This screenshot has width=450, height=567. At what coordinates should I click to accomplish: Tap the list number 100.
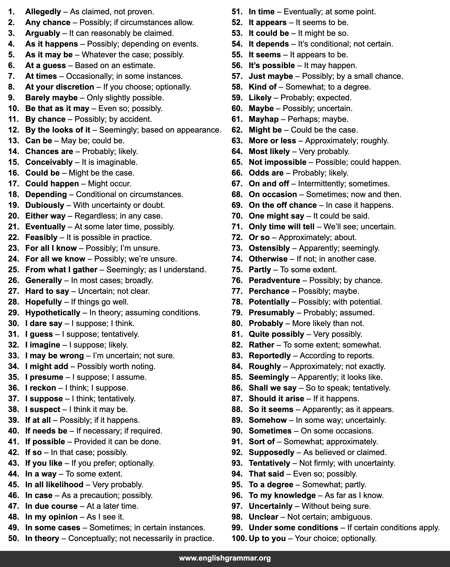click(239, 538)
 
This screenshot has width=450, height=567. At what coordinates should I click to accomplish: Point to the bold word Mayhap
click(263, 119)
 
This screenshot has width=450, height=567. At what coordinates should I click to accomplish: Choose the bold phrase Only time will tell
click(281, 227)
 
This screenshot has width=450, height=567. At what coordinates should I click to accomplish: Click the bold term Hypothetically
click(53, 313)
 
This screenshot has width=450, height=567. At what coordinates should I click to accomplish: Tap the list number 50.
click(14, 538)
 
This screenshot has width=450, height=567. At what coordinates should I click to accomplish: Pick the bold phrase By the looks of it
click(58, 130)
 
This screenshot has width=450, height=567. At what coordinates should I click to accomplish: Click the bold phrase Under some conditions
click(293, 528)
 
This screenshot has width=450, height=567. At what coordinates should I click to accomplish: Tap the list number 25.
click(14, 270)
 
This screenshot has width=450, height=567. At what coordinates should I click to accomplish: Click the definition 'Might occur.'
click(109, 184)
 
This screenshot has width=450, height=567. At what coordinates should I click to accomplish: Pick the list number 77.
click(237, 291)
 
